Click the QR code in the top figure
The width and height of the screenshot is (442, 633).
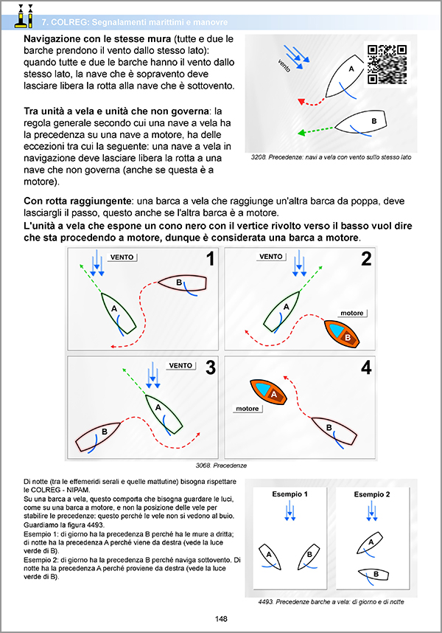pos(387,65)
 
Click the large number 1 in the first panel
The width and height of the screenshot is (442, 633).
pos(210,260)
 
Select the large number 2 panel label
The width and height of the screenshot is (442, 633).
pos(366,260)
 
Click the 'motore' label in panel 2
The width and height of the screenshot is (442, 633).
pos(352,313)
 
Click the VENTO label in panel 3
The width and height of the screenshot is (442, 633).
pos(180,365)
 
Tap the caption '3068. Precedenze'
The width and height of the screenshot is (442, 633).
pos(221,466)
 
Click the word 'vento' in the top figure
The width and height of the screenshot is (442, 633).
pos(284,64)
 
